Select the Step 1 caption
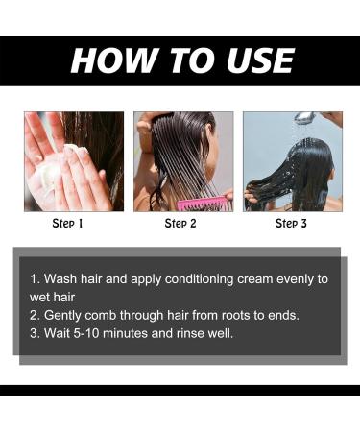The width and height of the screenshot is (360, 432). click(x=67, y=224)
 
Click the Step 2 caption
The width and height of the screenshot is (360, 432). click(x=180, y=224)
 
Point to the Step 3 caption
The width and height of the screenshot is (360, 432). click(x=292, y=224)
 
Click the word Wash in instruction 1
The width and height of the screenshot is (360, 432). click(x=60, y=278)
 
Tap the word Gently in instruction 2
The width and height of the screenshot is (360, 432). click(x=63, y=315)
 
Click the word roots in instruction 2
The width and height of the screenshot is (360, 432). click(x=232, y=315)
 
